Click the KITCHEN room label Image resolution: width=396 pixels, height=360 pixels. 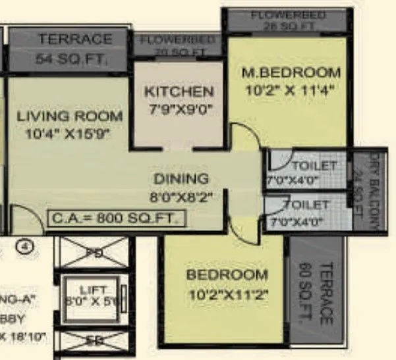pyautogui.click(x=179, y=91)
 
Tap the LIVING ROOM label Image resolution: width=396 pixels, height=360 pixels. pyautogui.click(x=70, y=116)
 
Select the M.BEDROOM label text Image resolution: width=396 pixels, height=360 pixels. pyautogui.click(x=291, y=72)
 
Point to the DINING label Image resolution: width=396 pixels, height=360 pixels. pyautogui.click(x=181, y=178)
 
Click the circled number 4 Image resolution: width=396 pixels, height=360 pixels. pyautogui.click(x=25, y=248)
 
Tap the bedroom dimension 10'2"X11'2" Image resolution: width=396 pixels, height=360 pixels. pyautogui.click(x=227, y=294)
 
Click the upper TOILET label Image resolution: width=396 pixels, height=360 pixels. pyautogui.click(x=314, y=165)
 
